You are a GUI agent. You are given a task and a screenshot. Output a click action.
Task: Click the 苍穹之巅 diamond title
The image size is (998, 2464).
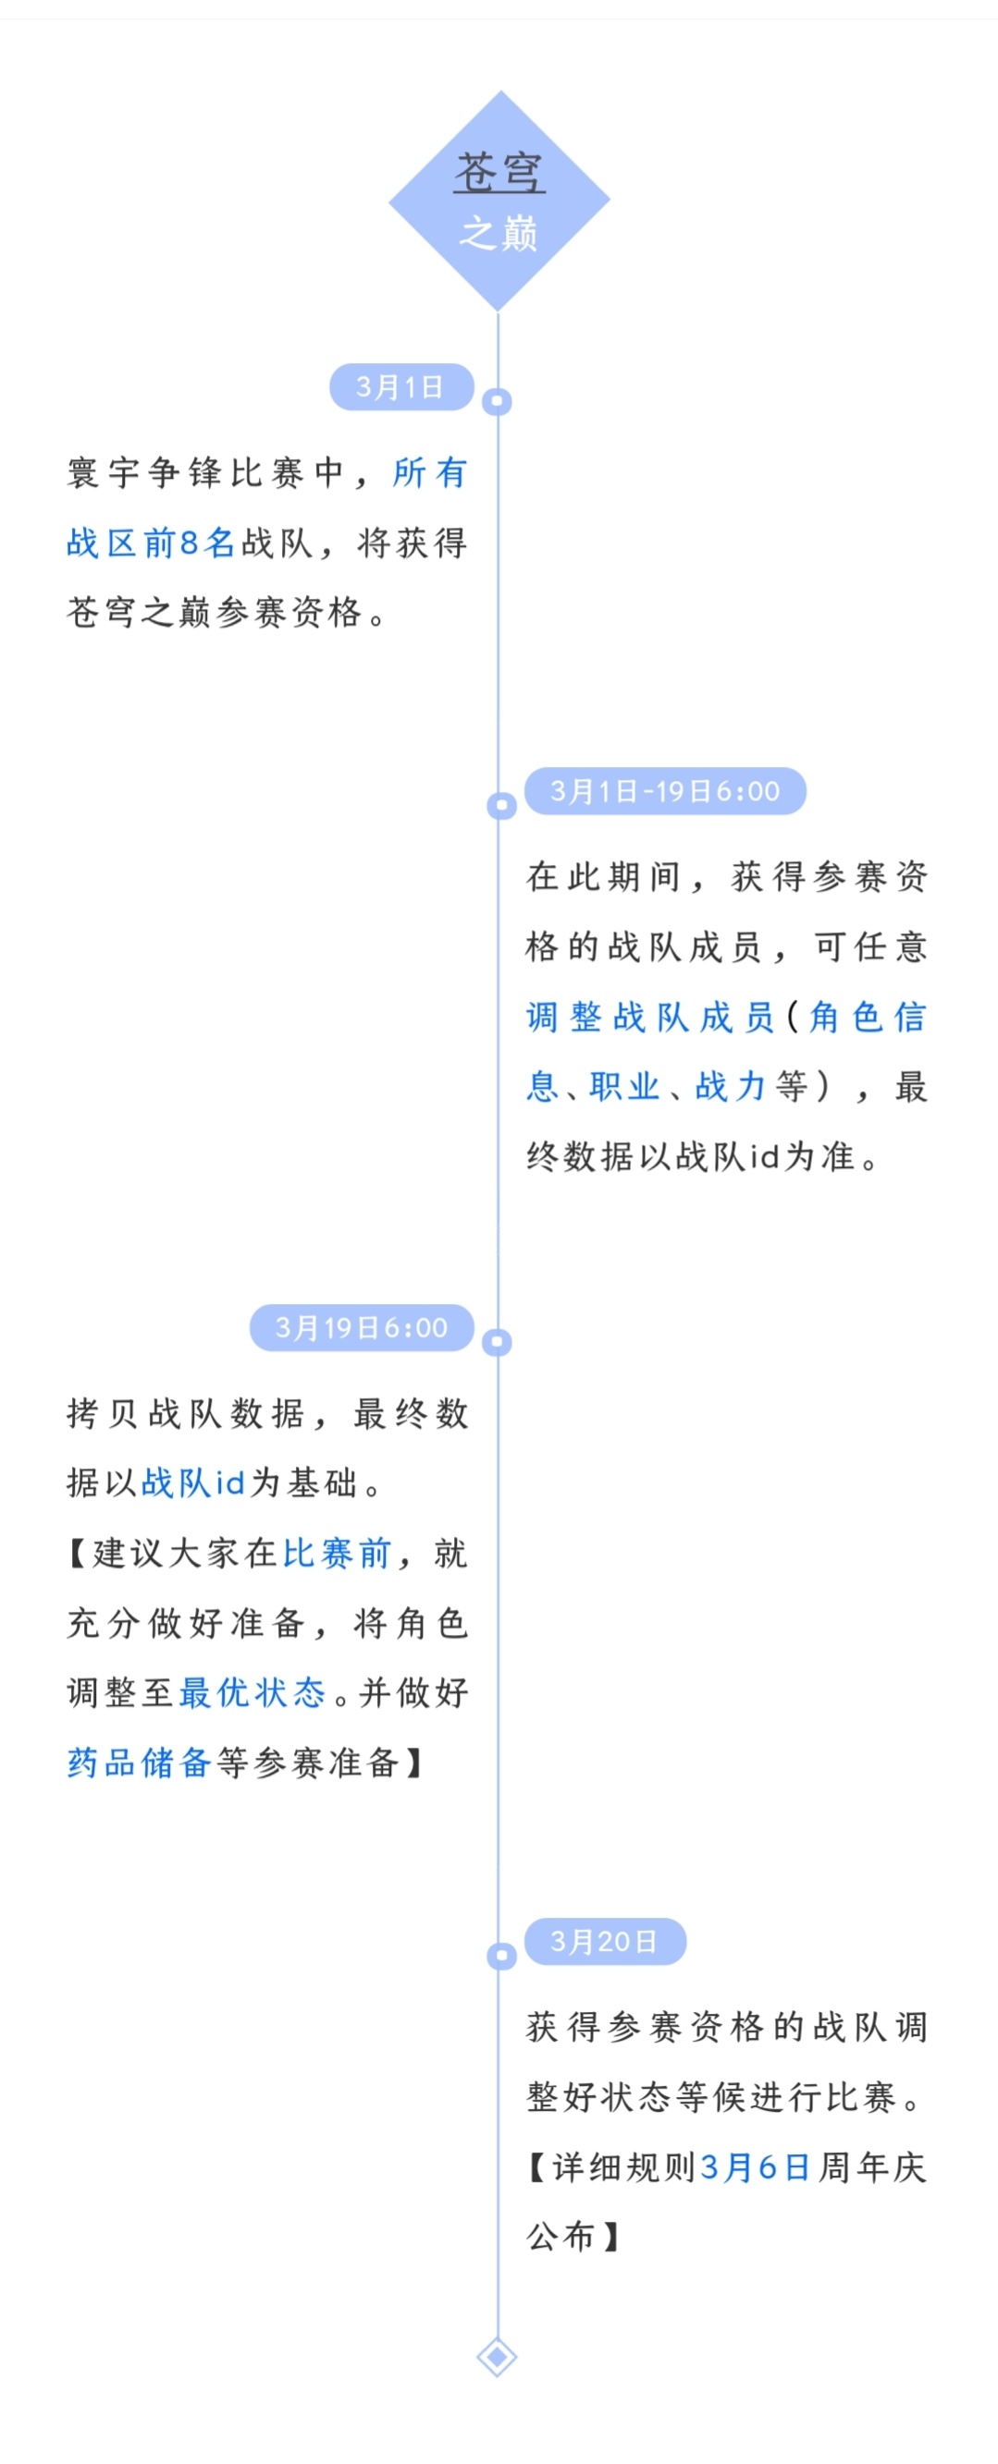click(x=499, y=201)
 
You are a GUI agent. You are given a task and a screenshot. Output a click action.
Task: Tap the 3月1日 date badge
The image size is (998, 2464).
click(x=400, y=387)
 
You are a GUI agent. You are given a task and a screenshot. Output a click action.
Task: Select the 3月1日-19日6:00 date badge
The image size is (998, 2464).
click(x=665, y=791)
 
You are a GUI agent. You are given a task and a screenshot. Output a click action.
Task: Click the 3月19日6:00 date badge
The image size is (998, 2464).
click(x=362, y=1327)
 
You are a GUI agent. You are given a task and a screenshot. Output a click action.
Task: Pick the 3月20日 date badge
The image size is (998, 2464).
click(x=605, y=1942)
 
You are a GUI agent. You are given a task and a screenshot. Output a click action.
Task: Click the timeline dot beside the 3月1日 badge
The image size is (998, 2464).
click(x=498, y=402)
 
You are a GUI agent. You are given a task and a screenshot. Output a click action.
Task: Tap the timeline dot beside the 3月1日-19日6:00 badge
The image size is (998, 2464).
click(x=501, y=805)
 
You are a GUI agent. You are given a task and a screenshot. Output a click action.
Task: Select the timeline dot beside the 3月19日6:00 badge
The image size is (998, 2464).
click(x=498, y=1342)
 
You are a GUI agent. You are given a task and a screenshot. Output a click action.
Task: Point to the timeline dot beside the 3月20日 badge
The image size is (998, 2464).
click(x=501, y=1956)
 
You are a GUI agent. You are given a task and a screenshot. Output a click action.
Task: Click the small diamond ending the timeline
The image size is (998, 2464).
click(x=498, y=2358)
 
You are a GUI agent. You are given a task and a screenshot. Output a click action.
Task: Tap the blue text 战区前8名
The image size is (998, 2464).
click(x=151, y=543)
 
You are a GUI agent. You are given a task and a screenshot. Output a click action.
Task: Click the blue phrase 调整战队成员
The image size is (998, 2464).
click(x=650, y=1017)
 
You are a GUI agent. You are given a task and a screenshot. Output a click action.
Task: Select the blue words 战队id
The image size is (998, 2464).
click(x=193, y=1482)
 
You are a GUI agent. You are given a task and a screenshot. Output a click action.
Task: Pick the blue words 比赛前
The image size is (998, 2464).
click(x=338, y=1554)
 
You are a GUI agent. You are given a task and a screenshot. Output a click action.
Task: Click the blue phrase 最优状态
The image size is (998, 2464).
click(x=253, y=1693)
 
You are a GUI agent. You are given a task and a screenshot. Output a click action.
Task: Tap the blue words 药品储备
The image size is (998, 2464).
click(x=139, y=1763)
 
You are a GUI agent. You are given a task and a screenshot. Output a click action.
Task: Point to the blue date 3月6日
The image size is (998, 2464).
click(x=756, y=2167)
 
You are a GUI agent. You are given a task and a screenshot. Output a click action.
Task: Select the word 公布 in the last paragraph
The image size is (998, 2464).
click(x=561, y=2238)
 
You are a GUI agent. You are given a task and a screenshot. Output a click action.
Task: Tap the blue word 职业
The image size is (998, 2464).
click(x=625, y=1087)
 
